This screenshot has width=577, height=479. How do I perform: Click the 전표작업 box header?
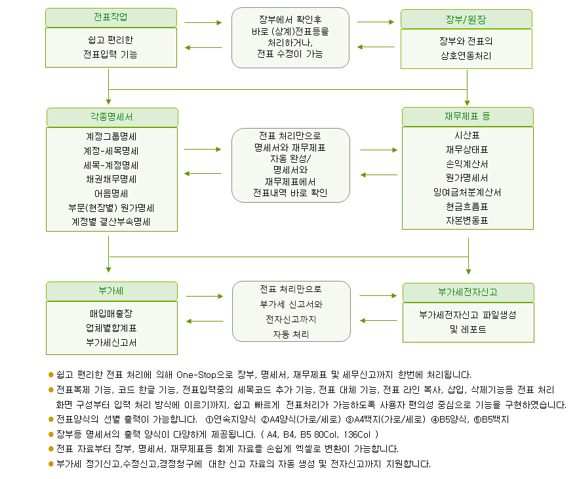point(111,17)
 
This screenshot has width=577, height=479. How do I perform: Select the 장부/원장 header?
point(466,19)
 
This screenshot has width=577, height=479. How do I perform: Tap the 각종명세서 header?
point(112,117)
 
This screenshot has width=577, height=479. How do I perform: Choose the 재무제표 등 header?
point(468,116)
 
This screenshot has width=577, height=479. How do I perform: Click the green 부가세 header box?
point(111,291)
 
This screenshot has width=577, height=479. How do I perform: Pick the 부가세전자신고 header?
point(468,293)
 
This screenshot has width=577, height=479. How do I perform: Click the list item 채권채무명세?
point(111,179)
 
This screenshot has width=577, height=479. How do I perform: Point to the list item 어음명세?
point(111,194)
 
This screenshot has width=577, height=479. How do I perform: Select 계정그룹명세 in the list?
point(111,136)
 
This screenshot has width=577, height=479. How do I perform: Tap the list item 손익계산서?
point(467,164)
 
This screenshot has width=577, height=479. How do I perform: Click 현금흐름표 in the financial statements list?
point(467,207)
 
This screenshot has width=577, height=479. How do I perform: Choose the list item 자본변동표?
point(467,220)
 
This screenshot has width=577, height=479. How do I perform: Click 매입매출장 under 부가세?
point(111,314)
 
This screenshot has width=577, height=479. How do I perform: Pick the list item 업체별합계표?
point(111,328)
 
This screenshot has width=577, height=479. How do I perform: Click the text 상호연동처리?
point(466,56)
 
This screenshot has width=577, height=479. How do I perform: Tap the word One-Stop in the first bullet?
point(196,375)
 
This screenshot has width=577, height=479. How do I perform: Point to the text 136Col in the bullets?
point(357,434)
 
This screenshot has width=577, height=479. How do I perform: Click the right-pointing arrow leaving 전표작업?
point(203,22)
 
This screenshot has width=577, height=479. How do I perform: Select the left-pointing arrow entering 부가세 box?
point(205,321)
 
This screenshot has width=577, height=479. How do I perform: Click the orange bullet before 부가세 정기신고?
point(51,464)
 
